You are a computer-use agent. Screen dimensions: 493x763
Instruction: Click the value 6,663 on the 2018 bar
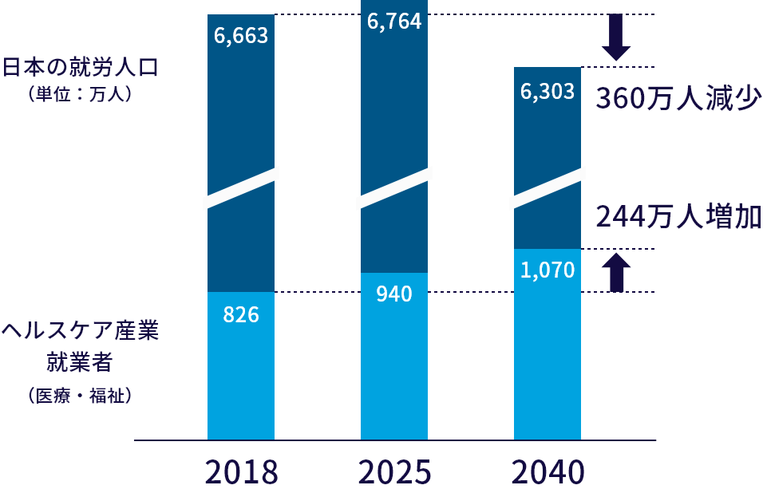241,37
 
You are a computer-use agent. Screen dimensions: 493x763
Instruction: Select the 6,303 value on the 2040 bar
548,93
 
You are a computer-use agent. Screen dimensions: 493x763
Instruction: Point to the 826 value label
241,315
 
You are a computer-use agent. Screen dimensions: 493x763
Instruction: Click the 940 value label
394,294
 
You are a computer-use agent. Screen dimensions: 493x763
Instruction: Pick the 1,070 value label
548,270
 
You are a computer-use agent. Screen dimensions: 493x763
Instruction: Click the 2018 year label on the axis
241,472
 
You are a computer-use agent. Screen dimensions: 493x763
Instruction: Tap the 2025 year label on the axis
394,472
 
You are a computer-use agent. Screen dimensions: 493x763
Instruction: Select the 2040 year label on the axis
548,472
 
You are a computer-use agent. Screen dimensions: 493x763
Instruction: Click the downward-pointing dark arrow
616,37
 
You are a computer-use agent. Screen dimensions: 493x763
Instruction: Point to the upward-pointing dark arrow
616,271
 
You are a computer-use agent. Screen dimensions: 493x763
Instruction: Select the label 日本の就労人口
81,67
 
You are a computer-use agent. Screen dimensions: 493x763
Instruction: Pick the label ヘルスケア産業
80,331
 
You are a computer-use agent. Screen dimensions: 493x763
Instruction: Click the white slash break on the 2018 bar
241,188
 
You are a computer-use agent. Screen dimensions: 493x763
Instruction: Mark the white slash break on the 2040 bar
548,188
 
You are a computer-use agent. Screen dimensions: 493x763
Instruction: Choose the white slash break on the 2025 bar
394,188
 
